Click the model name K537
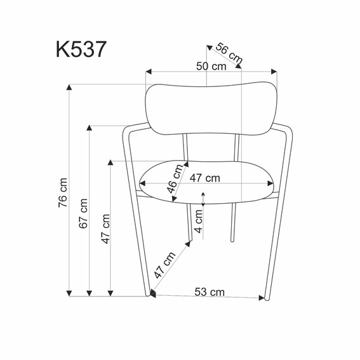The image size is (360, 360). [x=80, y=50]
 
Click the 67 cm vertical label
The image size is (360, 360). [x=83, y=213]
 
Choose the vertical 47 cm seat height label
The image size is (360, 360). [x=105, y=229]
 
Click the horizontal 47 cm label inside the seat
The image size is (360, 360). [x=204, y=178]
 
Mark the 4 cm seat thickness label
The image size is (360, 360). [x=199, y=221]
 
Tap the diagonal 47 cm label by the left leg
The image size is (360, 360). [x=165, y=265]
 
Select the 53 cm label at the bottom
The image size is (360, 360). [x=210, y=291]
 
